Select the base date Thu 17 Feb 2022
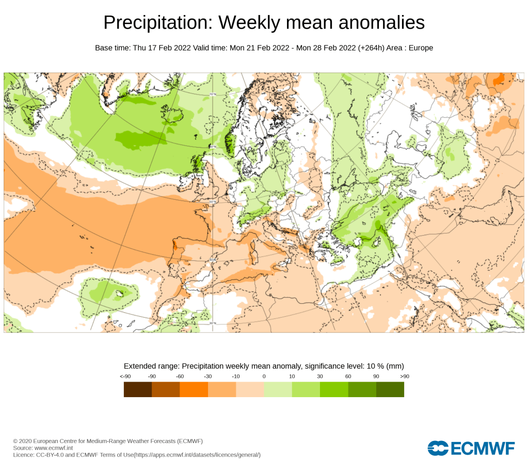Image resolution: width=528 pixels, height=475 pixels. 162,48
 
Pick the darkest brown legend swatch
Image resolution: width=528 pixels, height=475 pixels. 138,389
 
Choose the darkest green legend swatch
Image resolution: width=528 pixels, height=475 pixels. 390,389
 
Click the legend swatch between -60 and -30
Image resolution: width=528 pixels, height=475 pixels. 194,389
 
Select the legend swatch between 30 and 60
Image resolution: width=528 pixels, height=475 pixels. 334,389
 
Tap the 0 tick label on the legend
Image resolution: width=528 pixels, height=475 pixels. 264,376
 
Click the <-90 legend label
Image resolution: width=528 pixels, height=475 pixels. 124,376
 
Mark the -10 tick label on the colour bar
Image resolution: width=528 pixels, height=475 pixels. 236,376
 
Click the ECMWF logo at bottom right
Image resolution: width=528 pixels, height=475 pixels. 471,448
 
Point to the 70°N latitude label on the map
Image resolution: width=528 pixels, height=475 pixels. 212,94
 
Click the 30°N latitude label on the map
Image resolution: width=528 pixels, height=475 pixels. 212,323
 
